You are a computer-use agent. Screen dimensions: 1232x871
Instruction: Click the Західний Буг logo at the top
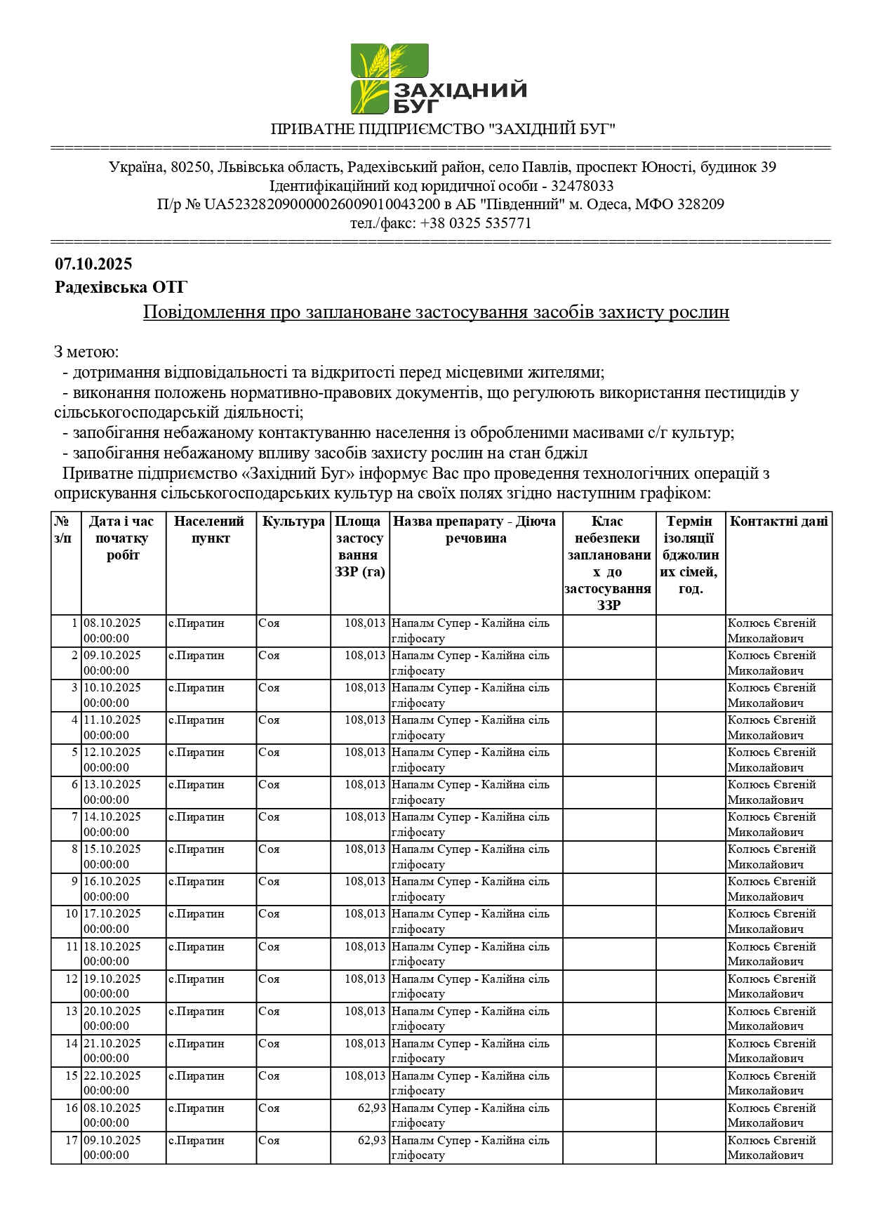click(438, 79)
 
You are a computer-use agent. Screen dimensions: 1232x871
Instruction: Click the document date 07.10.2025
click(93, 264)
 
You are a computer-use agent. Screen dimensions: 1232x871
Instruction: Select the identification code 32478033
click(582, 186)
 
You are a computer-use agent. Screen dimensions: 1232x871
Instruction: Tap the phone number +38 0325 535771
click(475, 223)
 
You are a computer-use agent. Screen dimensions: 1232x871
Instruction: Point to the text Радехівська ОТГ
click(121, 287)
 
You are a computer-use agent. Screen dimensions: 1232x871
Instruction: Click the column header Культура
click(293, 522)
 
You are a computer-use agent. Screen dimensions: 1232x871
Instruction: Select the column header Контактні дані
click(778, 522)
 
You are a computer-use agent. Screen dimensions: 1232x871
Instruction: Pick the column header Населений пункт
click(210, 530)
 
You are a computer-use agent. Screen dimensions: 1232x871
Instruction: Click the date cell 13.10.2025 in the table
click(112, 785)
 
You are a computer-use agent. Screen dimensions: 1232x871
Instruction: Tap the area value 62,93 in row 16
click(372, 1108)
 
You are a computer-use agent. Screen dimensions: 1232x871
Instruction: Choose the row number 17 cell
click(72, 1141)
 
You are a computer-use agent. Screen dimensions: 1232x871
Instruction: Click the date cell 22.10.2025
click(112, 1076)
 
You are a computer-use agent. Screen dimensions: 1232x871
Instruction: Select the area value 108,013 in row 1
click(365, 623)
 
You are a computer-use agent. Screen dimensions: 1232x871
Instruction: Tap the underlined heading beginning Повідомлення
click(436, 312)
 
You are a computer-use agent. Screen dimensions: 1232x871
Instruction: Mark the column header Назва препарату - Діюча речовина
click(475, 530)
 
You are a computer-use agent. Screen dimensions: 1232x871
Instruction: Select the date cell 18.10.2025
click(112, 947)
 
